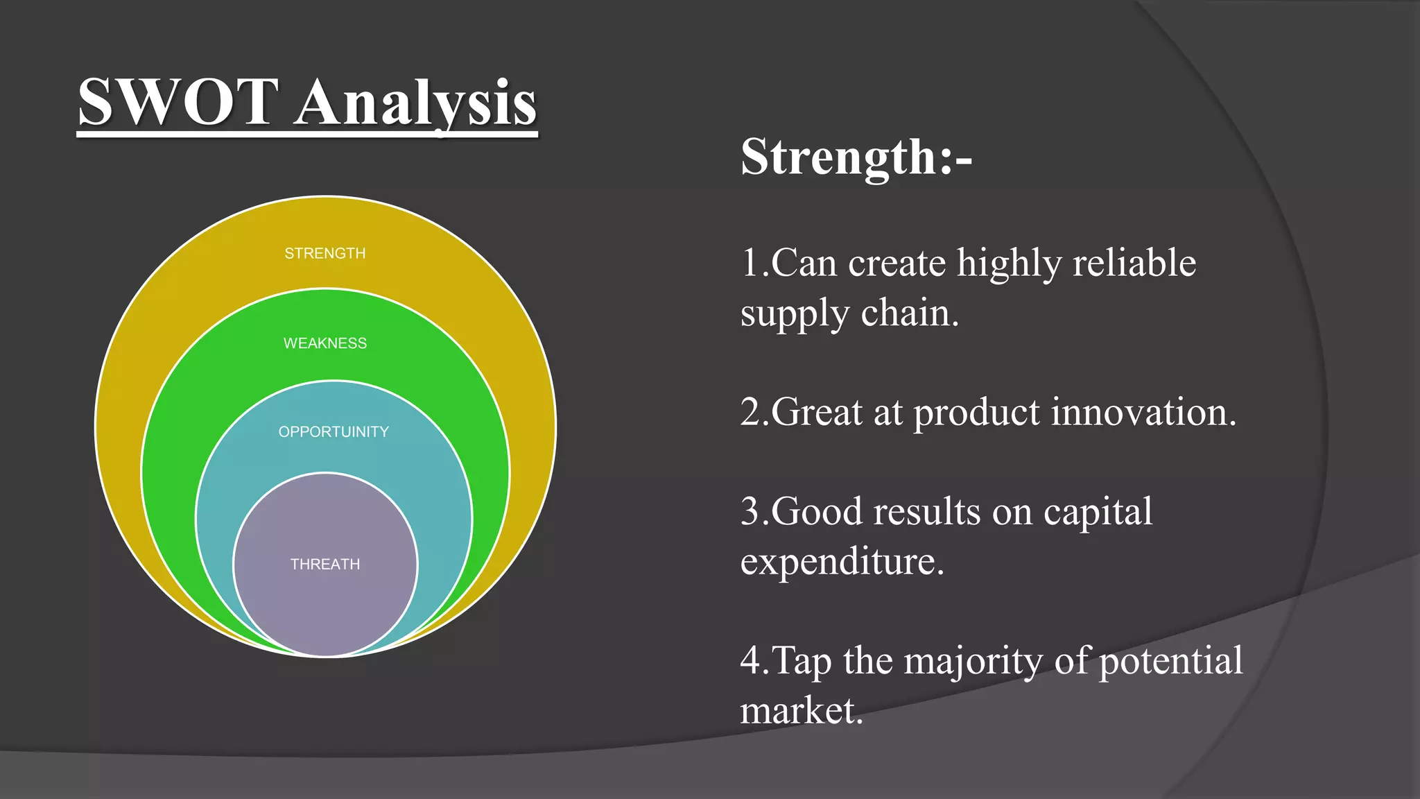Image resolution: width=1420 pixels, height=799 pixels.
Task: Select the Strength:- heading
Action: (856, 157)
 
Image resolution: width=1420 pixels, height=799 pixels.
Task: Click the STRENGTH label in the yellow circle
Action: (324, 254)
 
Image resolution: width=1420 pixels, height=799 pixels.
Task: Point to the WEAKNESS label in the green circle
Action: (324, 343)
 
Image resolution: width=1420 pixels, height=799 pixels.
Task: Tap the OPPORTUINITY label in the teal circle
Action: (334, 432)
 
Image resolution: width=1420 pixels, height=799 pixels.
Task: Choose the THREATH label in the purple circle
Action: (324, 565)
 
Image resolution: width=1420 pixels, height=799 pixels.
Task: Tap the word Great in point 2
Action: (816, 413)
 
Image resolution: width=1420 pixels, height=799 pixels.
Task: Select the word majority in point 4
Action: (973, 662)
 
